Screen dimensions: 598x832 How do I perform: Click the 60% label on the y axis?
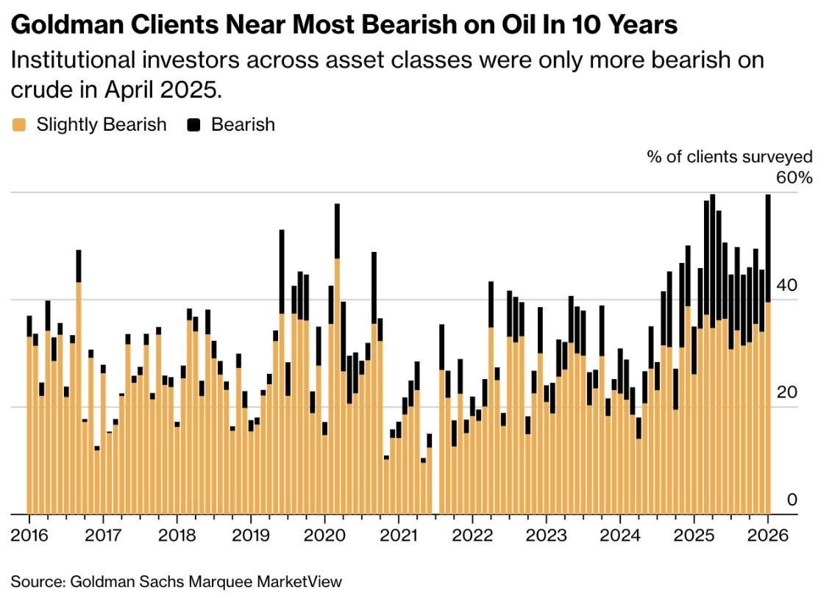tap(795, 178)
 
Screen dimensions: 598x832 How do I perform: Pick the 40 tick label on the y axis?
tap(788, 285)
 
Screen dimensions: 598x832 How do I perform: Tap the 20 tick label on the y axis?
tap(788, 392)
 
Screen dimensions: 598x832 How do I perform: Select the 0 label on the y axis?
tap(792, 500)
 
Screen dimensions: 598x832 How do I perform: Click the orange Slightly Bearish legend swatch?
tap(19, 125)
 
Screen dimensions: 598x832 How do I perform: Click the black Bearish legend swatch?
tap(194, 125)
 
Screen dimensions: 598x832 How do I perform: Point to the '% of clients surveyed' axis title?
tap(730, 156)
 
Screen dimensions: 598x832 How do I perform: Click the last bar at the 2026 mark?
tap(768, 367)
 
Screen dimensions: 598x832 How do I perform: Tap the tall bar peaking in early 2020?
tap(337, 367)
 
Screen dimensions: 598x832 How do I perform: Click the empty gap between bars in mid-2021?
tap(435, 478)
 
